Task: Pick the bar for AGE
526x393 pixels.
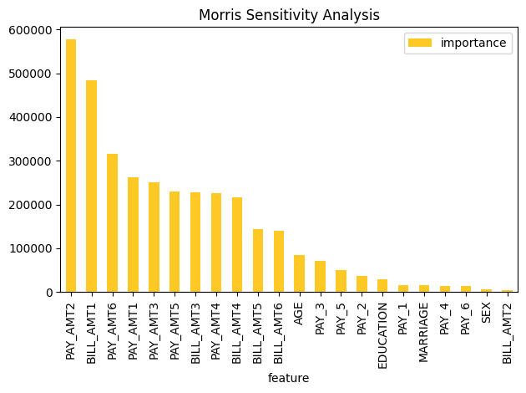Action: click(299, 273)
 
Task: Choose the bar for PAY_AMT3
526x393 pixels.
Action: click(154, 237)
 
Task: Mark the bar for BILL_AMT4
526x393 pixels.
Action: click(237, 245)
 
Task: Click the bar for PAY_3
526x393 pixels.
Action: click(320, 277)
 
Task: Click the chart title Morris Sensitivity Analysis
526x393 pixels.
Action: click(289, 15)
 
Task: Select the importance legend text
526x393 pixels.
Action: click(475, 43)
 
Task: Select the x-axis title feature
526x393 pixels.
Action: click(289, 378)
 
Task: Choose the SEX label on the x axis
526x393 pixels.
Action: click(486, 314)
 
